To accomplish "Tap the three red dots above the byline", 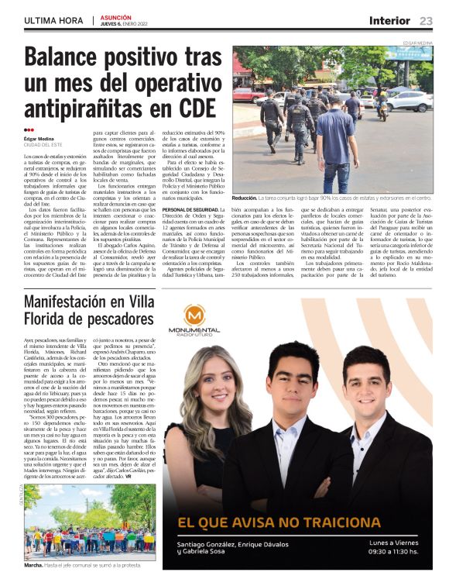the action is [29, 129].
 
